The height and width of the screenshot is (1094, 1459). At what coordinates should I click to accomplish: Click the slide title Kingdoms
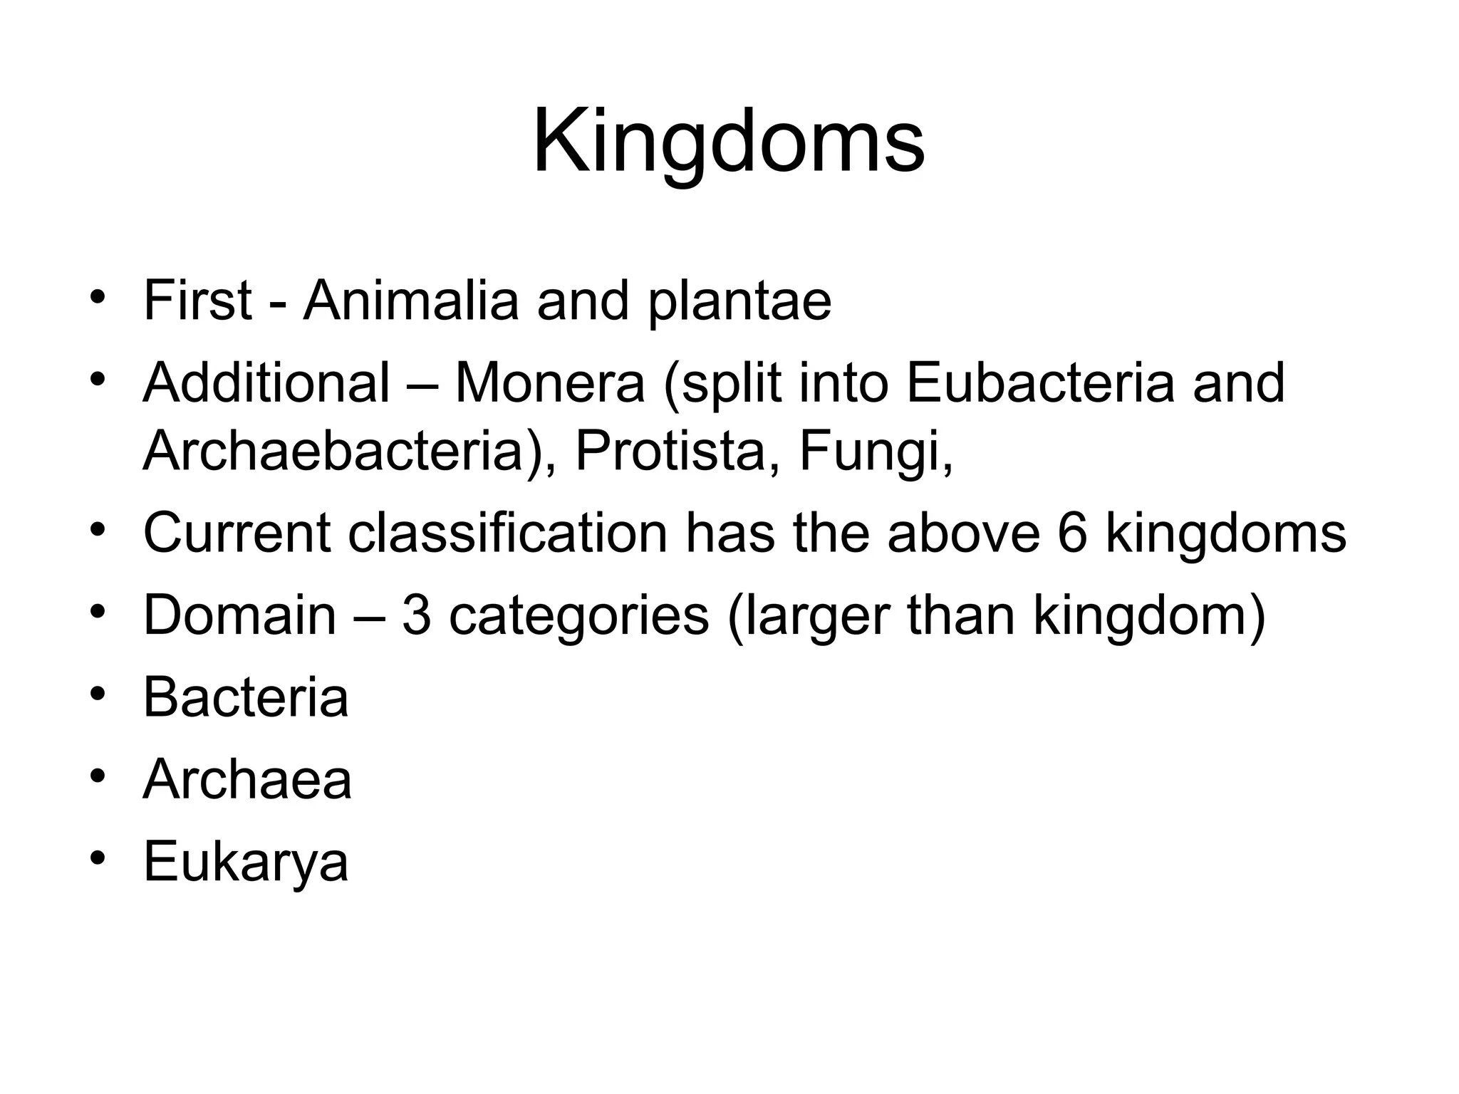[728, 142]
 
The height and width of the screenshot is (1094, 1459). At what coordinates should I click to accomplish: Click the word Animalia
[411, 301]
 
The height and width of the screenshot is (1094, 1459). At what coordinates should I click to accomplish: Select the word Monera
[549, 383]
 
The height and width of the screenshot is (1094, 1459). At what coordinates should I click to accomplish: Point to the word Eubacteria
[1040, 383]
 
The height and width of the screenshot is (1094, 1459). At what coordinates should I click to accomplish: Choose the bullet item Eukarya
[246, 863]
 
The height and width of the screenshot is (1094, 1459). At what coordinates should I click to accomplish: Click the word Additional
[266, 383]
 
